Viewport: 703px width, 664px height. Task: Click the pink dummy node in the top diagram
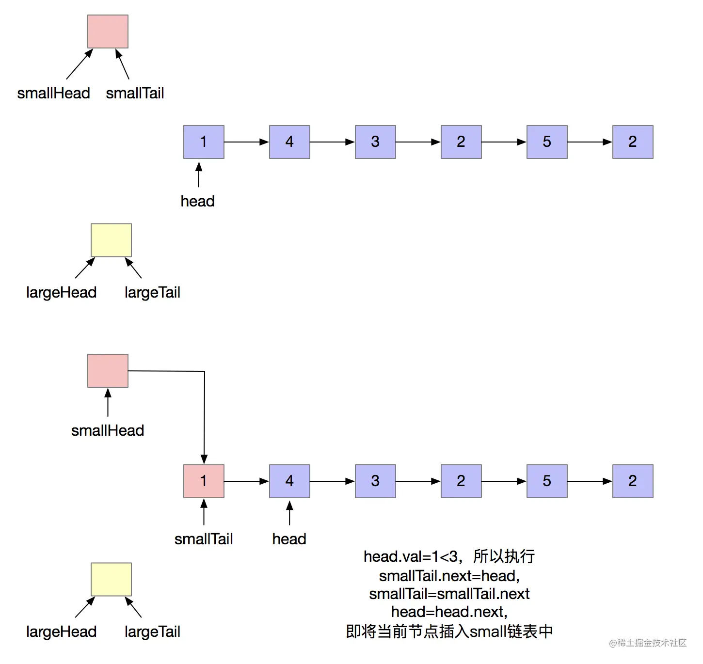pyautogui.click(x=108, y=32)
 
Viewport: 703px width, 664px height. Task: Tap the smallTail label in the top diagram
pyautogui.click(x=135, y=93)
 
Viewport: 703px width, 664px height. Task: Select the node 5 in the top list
pyautogui.click(x=547, y=142)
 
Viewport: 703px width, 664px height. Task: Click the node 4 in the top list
pyautogui.click(x=289, y=142)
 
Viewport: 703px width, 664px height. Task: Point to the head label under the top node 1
pyautogui.click(x=197, y=201)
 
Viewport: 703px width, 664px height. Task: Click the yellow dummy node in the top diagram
pyautogui.click(x=111, y=240)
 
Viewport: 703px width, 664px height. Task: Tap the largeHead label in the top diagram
pyautogui.click(x=61, y=292)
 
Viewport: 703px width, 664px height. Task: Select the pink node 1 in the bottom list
pyautogui.click(x=204, y=481)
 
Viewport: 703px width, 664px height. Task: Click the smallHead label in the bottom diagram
pyautogui.click(x=108, y=430)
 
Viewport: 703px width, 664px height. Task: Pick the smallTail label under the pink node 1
pyautogui.click(x=204, y=539)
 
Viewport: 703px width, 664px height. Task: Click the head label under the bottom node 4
pyautogui.click(x=289, y=539)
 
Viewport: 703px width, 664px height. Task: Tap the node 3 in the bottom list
pyautogui.click(x=375, y=481)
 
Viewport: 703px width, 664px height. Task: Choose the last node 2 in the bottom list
pyautogui.click(x=633, y=481)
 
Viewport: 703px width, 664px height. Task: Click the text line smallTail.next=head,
pyautogui.click(x=449, y=576)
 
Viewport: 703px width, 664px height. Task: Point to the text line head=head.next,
pyautogui.click(x=449, y=612)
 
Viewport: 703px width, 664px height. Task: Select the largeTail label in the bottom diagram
pyautogui.click(x=152, y=632)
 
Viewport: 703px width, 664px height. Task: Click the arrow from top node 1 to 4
pyautogui.click(x=246, y=142)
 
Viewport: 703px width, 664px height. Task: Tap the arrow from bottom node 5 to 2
pyautogui.click(x=590, y=481)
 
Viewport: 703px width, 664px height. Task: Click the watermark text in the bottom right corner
pyautogui.click(x=648, y=643)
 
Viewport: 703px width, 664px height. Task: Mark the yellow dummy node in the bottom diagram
pyautogui.click(x=111, y=580)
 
